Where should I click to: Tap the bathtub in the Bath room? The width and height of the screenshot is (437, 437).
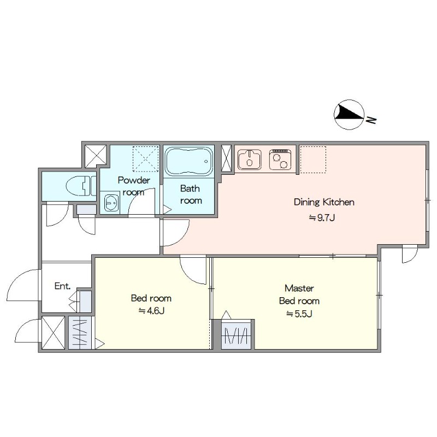pyautogui.click(x=189, y=161)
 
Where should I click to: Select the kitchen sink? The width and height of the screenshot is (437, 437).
pyautogui.click(x=250, y=160)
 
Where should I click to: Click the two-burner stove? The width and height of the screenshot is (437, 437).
pyautogui.click(x=280, y=160)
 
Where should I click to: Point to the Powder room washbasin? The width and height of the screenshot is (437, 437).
pyautogui.click(x=111, y=203)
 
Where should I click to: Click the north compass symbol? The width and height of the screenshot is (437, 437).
pyautogui.click(x=349, y=115)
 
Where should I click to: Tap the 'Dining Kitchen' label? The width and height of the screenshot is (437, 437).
pyautogui.click(x=324, y=202)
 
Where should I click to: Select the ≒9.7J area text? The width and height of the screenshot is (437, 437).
pyautogui.click(x=322, y=217)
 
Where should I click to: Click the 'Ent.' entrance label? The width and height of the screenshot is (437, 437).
pyautogui.click(x=62, y=286)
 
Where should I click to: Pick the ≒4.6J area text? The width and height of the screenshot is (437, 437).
pyautogui.click(x=151, y=310)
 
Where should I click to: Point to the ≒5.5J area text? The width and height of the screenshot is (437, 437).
pyautogui.click(x=299, y=314)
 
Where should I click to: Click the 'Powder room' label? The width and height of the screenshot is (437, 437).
pyautogui.click(x=134, y=186)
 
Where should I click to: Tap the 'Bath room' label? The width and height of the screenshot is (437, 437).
pyautogui.click(x=191, y=194)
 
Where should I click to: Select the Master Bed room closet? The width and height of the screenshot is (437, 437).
pyautogui.click(x=237, y=334)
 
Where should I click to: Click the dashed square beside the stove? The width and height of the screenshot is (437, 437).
pyautogui.click(x=312, y=159)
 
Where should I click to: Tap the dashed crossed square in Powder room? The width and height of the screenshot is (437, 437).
pyautogui.click(x=145, y=158)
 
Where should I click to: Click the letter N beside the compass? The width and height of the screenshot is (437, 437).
pyautogui.click(x=371, y=120)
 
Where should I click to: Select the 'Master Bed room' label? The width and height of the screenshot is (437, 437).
pyautogui.click(x=299, y=294)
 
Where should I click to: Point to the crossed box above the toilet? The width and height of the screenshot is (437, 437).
pyautogui.click(x=96, y=156)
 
